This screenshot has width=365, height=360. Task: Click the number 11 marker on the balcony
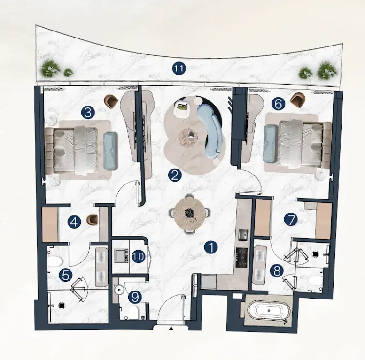tap(179, 69)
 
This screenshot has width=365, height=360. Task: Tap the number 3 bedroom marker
tap(88, 113)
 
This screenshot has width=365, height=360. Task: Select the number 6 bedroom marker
tap(278, 104)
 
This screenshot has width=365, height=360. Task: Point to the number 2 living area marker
tap(175, 175)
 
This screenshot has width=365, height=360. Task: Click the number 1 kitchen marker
tap(211, 247)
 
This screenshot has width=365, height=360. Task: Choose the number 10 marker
tap(139, 257)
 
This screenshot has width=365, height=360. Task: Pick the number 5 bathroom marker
tap(66, 276)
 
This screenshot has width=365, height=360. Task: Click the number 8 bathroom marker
tap(277, 271)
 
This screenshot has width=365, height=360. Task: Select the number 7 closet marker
tap(291, 220)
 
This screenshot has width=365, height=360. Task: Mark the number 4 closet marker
tap(74, 222)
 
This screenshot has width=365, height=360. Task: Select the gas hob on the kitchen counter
tap(242, 257)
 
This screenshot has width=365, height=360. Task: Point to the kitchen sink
tap(243, 234)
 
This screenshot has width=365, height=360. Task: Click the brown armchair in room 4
tap(92, 220)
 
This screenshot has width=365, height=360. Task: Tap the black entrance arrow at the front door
tap(171, 328)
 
